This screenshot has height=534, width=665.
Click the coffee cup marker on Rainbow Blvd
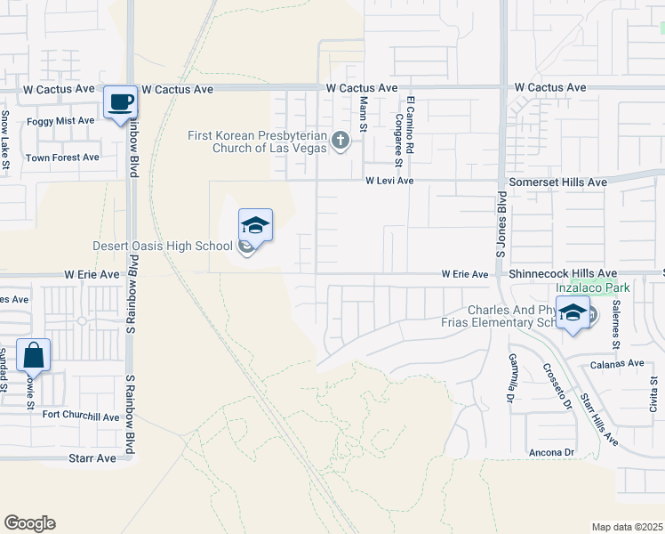(x=120, y=102)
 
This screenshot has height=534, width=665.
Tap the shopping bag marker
(x=33, y=355)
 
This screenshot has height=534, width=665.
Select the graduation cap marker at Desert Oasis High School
(x=255, y=226)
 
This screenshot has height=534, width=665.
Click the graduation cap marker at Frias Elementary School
(x=574, y=313)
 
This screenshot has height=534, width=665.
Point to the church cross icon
(x=339, y=141)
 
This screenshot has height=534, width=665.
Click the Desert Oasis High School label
(x=163, y=247)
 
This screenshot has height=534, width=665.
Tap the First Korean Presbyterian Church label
(x=256, y=142)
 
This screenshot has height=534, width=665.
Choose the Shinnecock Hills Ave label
(x=563, y=274)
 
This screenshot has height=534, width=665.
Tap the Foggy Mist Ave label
(x=60, y=120)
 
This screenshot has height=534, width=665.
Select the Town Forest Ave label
(x=62, y=158)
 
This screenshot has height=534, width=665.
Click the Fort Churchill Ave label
(x=80, y=416)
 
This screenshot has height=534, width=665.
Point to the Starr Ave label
(x=92, y=458)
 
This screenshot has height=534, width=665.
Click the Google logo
(x=29, y=523)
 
